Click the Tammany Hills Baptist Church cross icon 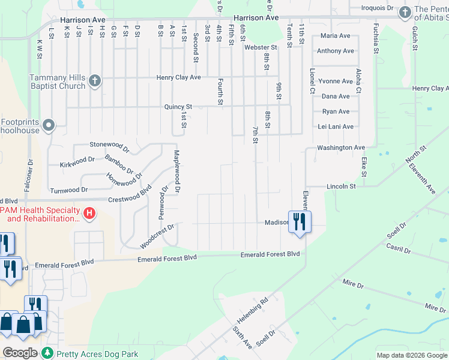point(94,82)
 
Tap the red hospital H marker point(89,213)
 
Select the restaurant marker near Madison point(298,221)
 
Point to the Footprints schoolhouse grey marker point(49,126)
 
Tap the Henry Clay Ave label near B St point(178,77)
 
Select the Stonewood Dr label point(109,145)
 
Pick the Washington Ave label point(341,148)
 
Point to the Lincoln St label point(341,187)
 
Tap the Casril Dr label point(399,250)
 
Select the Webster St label point(261,47)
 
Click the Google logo point(20,353)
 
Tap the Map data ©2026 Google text point(411,355)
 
